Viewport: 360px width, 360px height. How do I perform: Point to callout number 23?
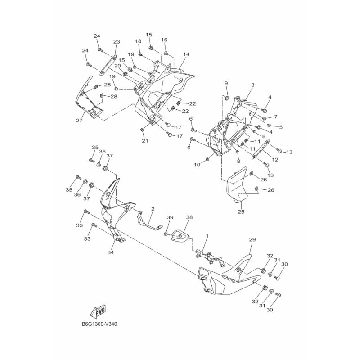[117, 42]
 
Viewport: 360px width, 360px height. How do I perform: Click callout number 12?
[275, 159]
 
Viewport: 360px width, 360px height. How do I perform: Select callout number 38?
[189, 217]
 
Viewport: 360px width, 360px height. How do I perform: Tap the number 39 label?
[170, 217]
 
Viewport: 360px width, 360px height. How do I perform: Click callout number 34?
[111, 253]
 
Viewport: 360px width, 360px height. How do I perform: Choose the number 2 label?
[153, 209]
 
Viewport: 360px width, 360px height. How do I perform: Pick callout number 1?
[207, 236]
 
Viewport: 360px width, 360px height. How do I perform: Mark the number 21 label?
[144, 141]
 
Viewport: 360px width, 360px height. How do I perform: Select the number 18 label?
[139, 41]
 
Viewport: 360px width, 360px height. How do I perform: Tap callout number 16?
[164, 40]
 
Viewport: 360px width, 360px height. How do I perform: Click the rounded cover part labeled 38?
[180, 236]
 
